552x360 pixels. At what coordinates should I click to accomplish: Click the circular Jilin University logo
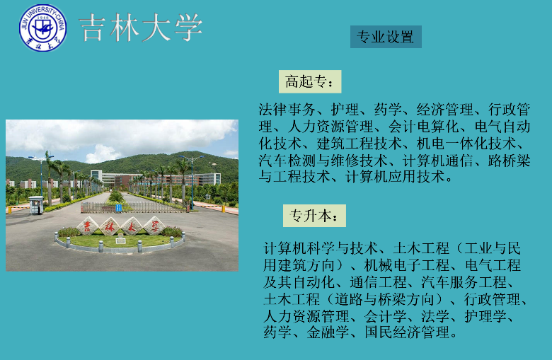pos(42,28)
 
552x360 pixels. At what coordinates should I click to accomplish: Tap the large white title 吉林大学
pos(141,28)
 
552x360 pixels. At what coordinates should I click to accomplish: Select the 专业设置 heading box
pos(386,37)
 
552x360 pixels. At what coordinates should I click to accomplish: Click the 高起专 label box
pos(310,81)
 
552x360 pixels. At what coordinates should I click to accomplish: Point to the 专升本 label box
pos(314,216)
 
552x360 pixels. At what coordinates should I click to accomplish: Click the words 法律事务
pos(287,110)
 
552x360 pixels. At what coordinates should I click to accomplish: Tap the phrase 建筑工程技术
pos(359,144)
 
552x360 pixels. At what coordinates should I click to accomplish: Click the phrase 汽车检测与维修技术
pos(323,161)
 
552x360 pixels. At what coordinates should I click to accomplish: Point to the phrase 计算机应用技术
pos(395,177)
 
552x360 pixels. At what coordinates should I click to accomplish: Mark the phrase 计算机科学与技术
pos(321,248)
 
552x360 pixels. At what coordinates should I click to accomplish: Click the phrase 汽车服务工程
pos(464,282)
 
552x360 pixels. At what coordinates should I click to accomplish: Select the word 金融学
pos(328,332)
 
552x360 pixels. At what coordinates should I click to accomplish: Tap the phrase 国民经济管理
pos(407,332)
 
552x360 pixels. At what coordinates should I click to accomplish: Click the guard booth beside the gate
pos(36,205)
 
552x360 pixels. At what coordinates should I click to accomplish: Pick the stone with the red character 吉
pos(87,226)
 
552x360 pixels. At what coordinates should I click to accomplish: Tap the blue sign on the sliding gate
pos(119,208)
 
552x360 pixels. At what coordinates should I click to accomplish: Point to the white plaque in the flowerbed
pos(120,240)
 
